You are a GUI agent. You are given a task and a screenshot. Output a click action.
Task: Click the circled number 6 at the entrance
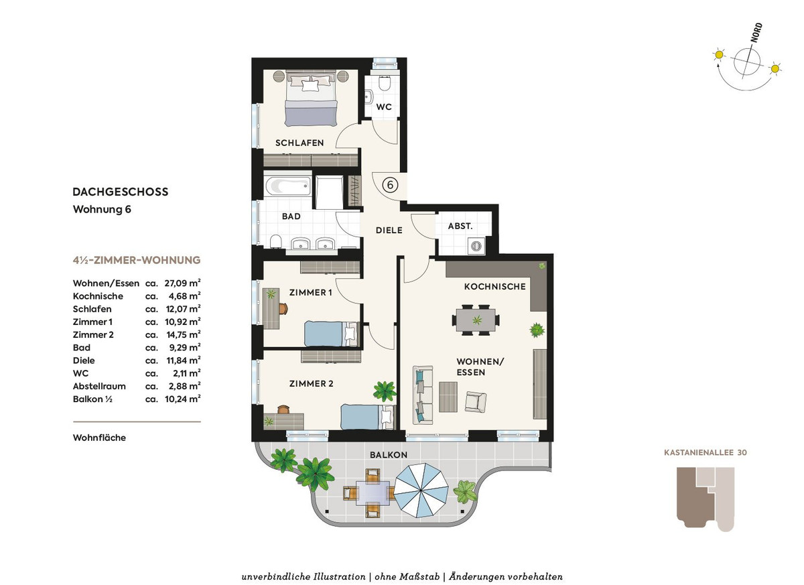pos(390,185)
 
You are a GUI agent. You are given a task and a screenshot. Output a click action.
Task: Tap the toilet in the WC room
pos(385,84)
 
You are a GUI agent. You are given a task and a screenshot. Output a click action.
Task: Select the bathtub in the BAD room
pos(287,186)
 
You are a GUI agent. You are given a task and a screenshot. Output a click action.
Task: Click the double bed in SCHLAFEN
pos(311,99)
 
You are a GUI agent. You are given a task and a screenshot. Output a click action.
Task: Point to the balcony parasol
pos(421,490)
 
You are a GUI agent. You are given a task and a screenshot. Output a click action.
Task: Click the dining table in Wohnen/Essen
pos(476,320)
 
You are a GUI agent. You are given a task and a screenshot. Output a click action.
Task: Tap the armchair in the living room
pos(476,401)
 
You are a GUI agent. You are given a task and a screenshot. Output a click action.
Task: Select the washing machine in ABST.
pos(476,246)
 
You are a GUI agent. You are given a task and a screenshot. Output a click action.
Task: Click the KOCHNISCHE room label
pos(494,286)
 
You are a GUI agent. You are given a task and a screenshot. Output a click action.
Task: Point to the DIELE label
pos(389,230)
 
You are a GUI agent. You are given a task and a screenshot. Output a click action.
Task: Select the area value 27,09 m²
pos(182,283)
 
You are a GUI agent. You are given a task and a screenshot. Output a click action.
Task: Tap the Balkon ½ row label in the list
pos(92,399)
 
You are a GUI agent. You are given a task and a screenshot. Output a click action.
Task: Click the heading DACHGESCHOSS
pos(120,192)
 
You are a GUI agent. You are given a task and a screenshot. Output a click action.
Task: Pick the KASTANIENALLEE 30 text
pos(706,452)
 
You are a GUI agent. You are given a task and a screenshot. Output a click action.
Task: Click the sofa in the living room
pos(423,395)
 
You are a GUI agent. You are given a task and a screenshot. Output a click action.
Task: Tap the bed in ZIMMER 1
pos(331,334)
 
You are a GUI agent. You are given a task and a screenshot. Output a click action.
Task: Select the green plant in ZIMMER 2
pos(385,391)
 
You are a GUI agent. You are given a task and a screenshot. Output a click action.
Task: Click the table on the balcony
pos(373,493)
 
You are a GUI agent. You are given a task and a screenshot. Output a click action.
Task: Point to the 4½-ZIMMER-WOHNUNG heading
pos(137,260)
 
